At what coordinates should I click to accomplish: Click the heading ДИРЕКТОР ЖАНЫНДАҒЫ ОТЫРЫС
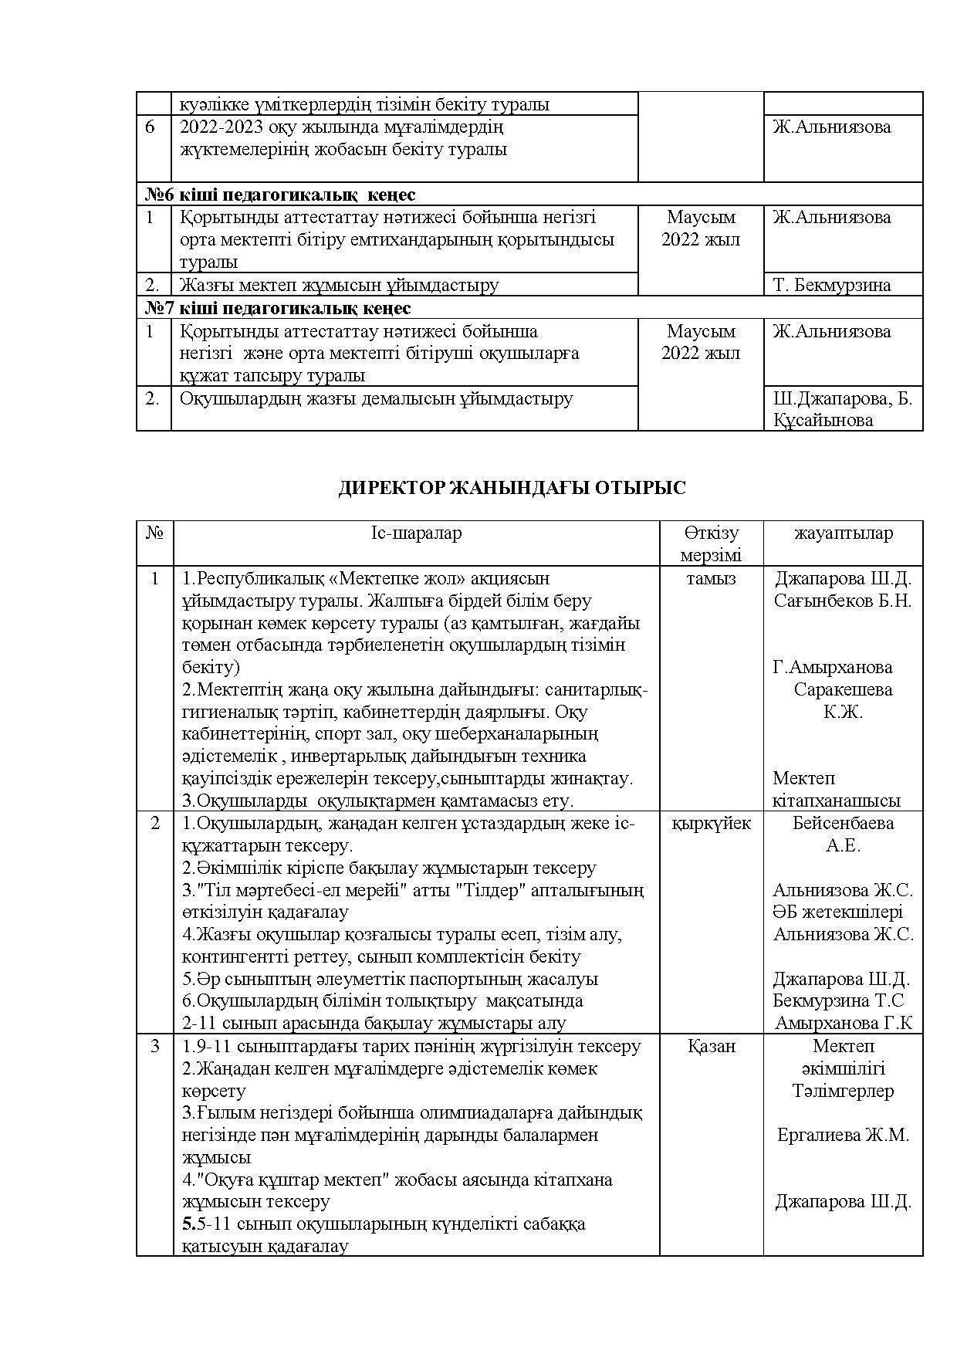pos(512,488)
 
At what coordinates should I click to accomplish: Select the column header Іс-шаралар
pos(416,533)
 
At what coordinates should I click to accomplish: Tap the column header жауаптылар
pos(843,533)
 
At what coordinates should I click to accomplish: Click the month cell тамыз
pos(711,579)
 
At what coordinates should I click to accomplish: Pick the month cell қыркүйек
pos(711,824)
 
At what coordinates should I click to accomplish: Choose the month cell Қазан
pos(711,1047)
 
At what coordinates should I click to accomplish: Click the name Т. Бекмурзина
pos(832,285)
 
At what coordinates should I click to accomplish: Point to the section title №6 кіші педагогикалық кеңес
pos(280,195)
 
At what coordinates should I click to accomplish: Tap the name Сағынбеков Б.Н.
pos(843,601)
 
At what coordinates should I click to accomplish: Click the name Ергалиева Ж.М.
pos(843,1136)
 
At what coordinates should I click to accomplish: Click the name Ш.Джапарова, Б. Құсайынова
pos(842,410)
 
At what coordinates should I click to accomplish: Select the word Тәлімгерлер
pos(843,1092)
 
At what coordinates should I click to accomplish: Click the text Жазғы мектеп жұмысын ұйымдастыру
pos(340,285)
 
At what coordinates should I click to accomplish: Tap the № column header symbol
pos(154,533)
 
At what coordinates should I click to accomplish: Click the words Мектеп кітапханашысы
pos(837,790)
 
